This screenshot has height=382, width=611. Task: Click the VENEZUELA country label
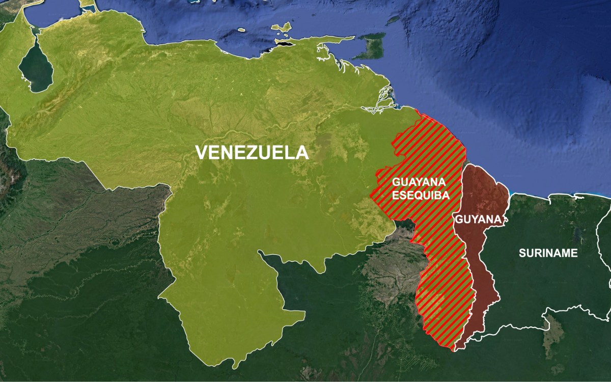pyautogui.click(x=252, y=152)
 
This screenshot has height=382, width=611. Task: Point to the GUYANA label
pyautogui.click(x=478, y=220)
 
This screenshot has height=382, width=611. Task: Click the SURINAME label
pyautogui.click(x=548, y=253)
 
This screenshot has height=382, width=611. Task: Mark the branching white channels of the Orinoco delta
pyautogui.click(x=384, y=97)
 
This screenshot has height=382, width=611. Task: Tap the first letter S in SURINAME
pyautogui.click(x=522, y=253)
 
